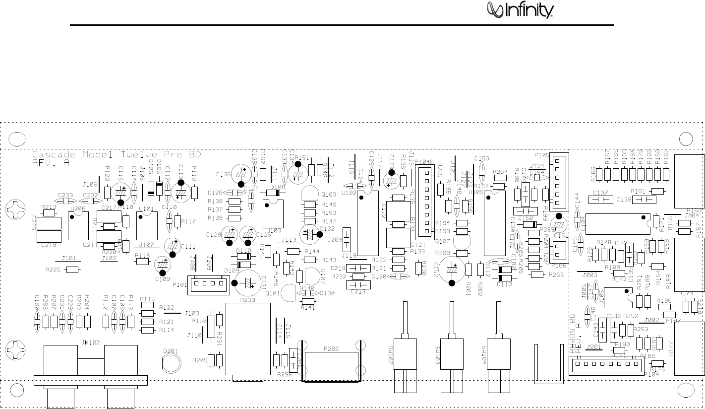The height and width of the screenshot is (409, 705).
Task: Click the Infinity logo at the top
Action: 519,10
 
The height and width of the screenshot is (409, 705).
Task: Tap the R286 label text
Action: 331,349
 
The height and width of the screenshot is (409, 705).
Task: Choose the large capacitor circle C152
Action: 452,270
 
